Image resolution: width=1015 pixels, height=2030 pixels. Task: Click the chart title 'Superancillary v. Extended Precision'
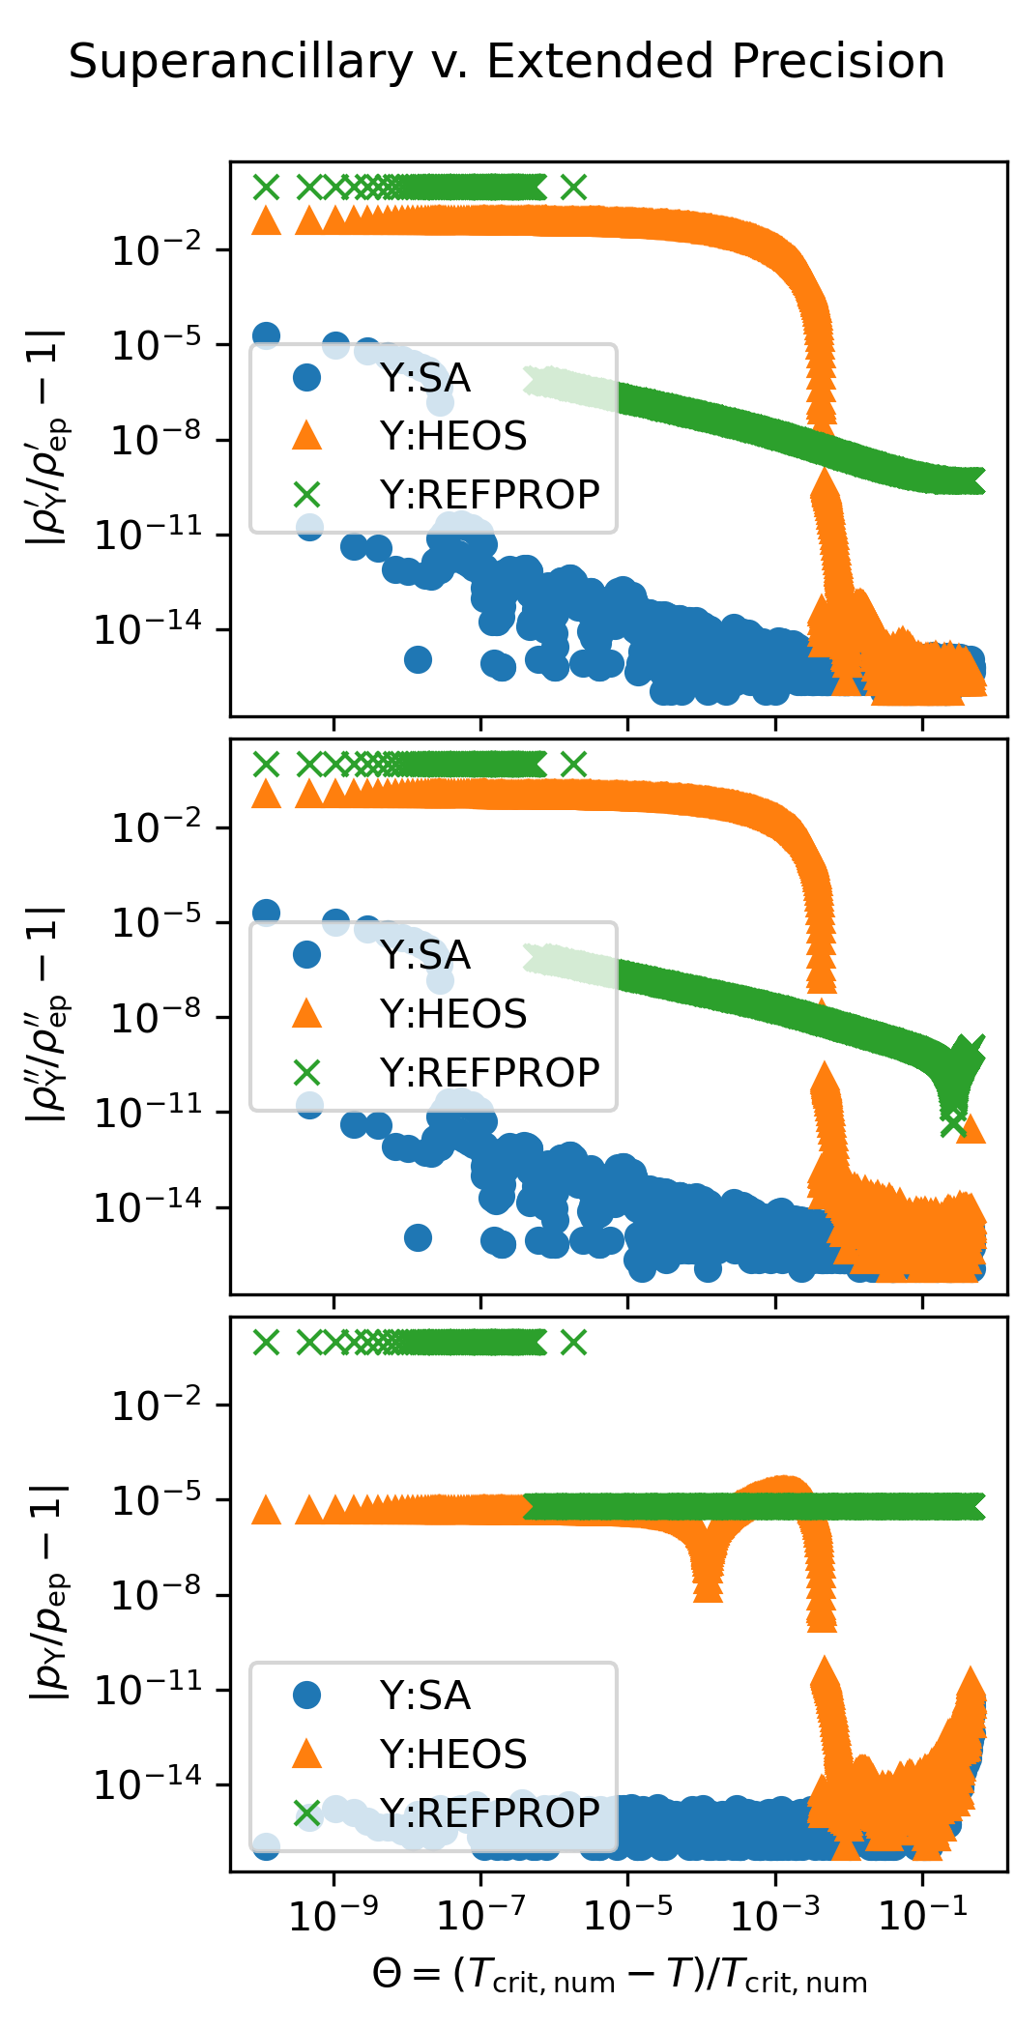[507, 62]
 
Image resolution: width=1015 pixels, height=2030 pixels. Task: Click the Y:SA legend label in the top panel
[425, 378]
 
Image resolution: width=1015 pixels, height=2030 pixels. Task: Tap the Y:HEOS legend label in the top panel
[453, 436]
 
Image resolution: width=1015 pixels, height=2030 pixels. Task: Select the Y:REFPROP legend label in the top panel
[490, 495]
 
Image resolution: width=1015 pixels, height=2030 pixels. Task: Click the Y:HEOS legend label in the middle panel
[453, 1014]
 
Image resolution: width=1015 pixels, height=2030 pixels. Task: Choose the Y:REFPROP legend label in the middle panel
[490, 1073]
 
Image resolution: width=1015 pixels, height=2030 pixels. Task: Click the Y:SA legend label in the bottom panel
[425, 1696]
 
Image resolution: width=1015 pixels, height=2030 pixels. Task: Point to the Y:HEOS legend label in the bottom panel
[453, 1754]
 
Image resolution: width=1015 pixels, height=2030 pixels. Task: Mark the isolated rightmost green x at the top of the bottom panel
[574, 1342]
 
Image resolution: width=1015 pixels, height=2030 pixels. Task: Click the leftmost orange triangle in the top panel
[266, 220]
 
